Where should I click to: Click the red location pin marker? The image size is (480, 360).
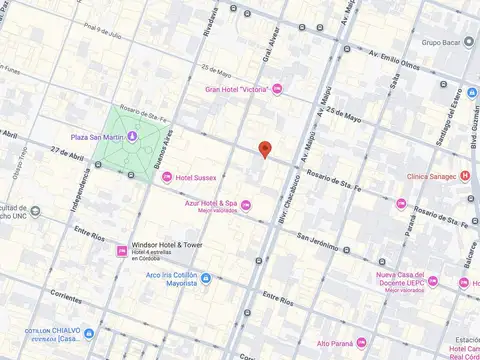264,150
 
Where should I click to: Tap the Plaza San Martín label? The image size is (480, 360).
97,137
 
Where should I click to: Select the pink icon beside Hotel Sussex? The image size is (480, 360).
167,177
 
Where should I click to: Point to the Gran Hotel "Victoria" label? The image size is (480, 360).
238,90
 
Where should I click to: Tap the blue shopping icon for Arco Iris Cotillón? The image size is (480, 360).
206,279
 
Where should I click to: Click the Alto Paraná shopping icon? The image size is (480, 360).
361,343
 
